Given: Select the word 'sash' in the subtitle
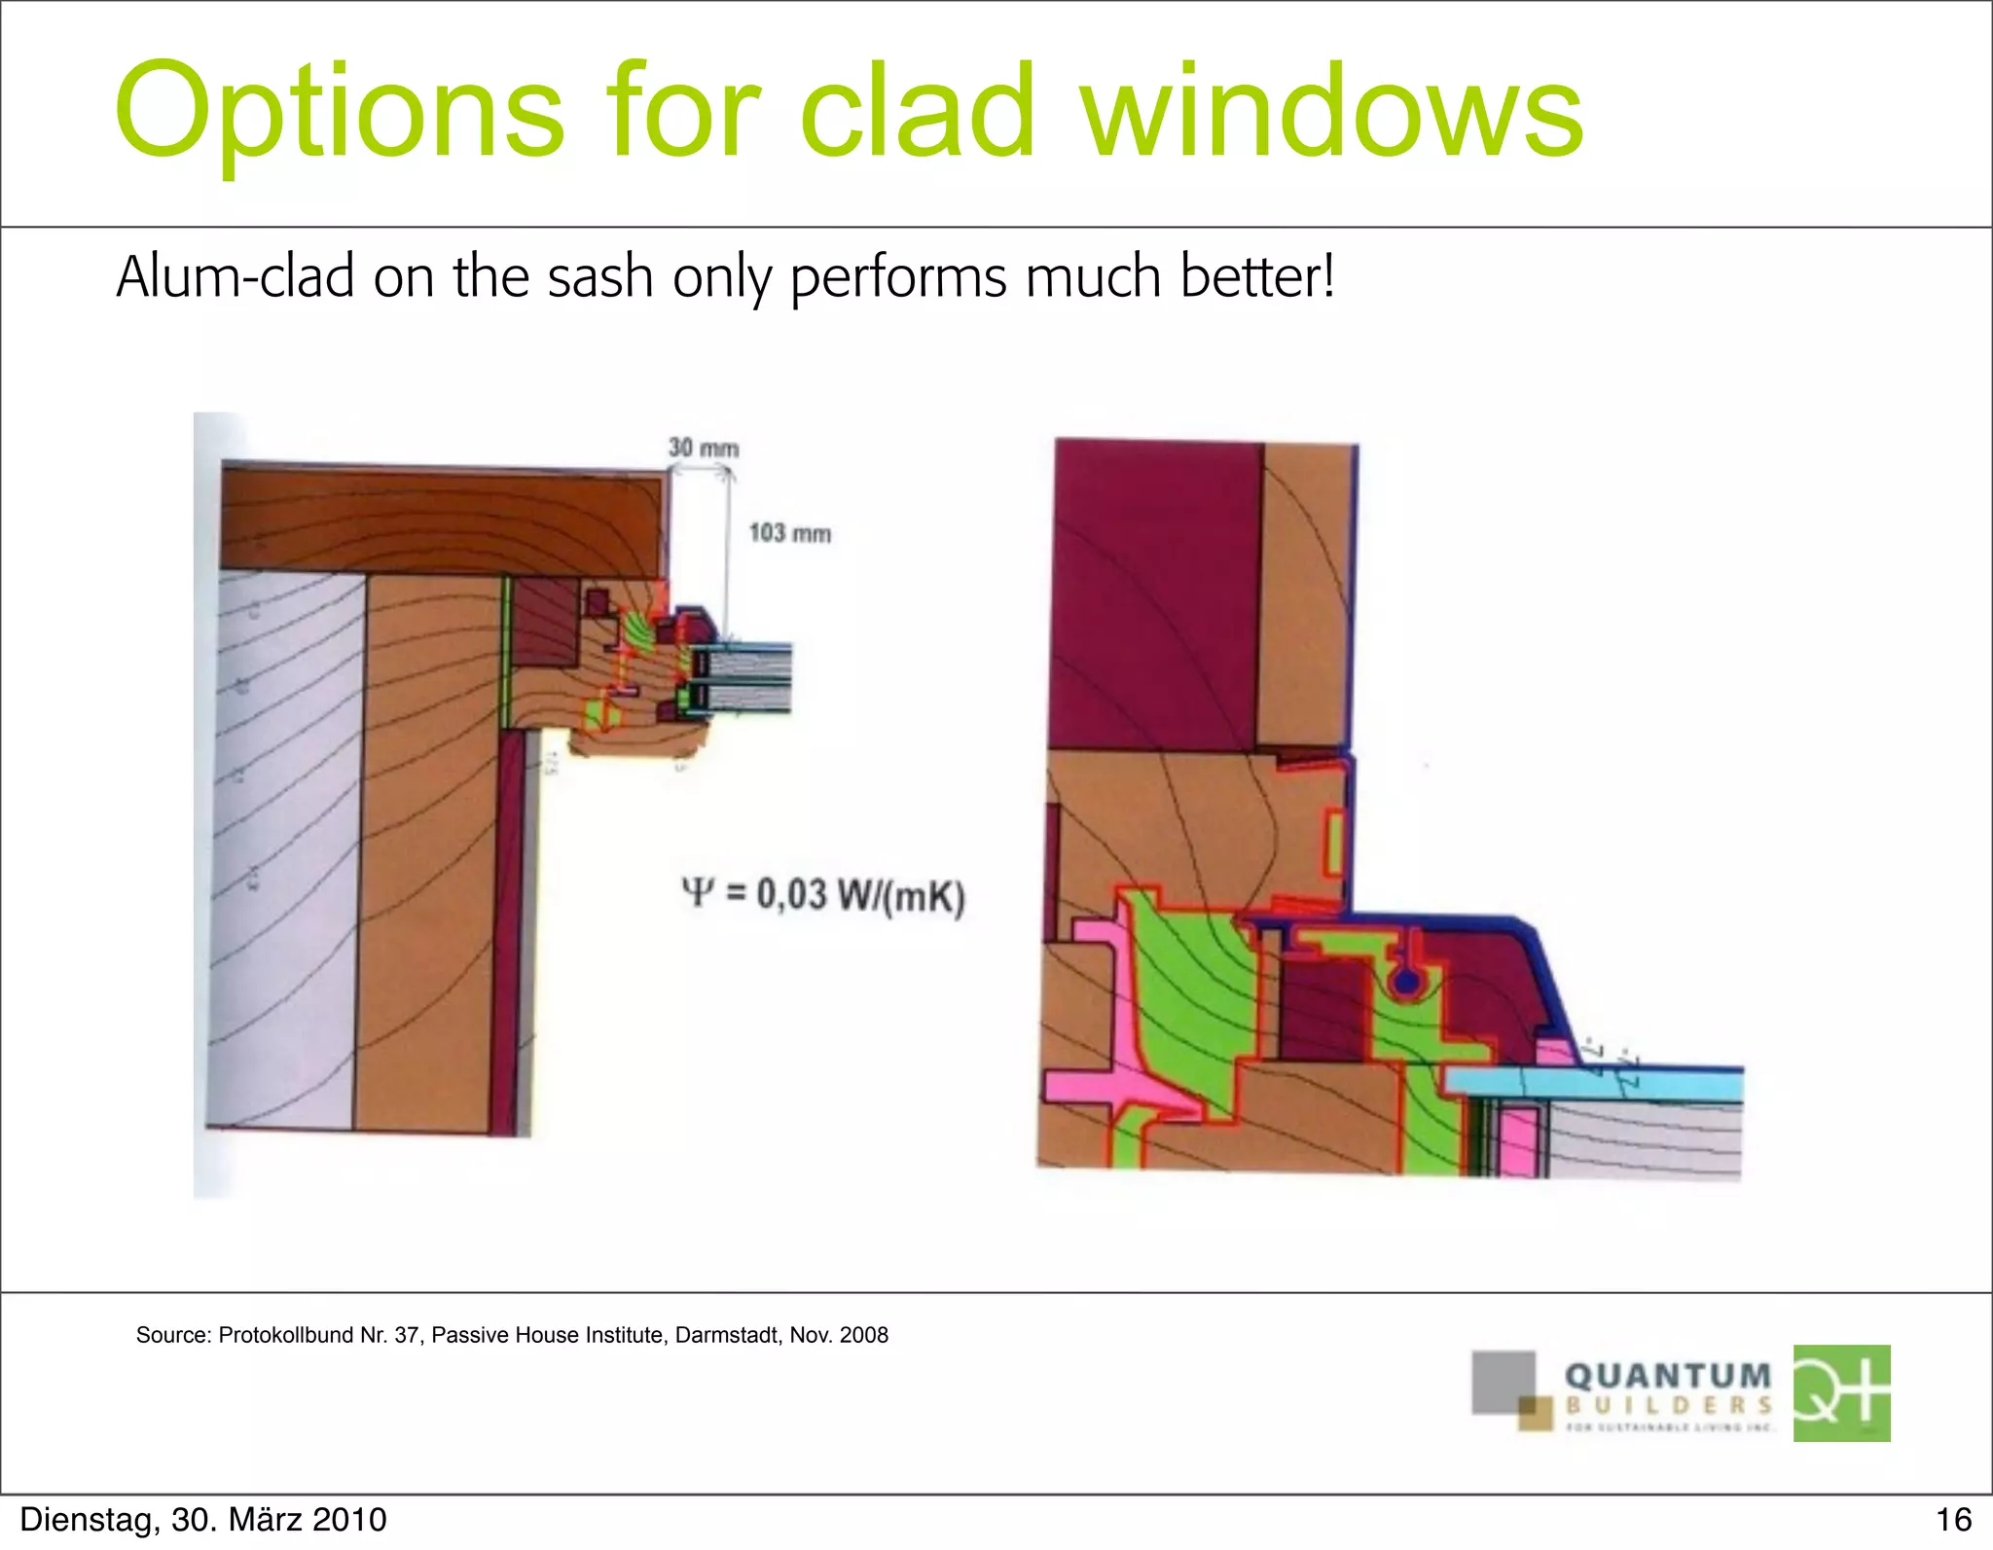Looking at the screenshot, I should coord(599,277).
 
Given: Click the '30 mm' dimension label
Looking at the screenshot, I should coord(704,449).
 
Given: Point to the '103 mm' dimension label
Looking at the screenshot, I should coord(789,533).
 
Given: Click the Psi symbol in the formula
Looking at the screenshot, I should coord(698,892).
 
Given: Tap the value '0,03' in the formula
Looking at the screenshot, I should coord(791,894).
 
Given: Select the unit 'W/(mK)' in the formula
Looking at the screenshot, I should coord(900,896).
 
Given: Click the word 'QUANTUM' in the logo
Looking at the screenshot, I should coord(1668,1377).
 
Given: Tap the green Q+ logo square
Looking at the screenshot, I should coord(1841,1392).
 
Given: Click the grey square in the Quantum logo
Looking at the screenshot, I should coord(1502,1380).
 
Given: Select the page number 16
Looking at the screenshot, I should coord(1953,1520).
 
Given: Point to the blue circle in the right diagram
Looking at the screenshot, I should coord(1403,983).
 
